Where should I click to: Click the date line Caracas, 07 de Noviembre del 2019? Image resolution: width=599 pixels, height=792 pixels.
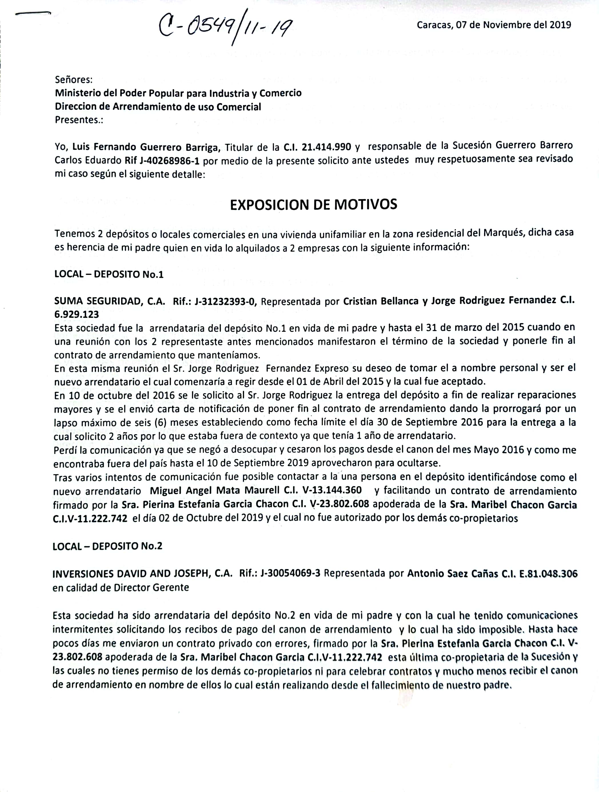click(494, 25)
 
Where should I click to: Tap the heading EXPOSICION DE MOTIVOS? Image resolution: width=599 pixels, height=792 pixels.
click(313, 205)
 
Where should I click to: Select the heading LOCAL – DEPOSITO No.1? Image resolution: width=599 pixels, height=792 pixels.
click(109, 274)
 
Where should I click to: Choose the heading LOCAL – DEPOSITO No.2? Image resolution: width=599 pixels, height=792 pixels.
click(107, 546)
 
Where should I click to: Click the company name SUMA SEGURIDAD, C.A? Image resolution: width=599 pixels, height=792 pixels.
click(109, 301)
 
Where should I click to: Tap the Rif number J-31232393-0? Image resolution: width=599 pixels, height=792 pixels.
click(225, 301)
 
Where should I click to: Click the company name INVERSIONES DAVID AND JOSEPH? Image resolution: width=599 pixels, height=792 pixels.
click(132, 574)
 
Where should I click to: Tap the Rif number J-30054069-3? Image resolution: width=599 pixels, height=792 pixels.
click(290, 574)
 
